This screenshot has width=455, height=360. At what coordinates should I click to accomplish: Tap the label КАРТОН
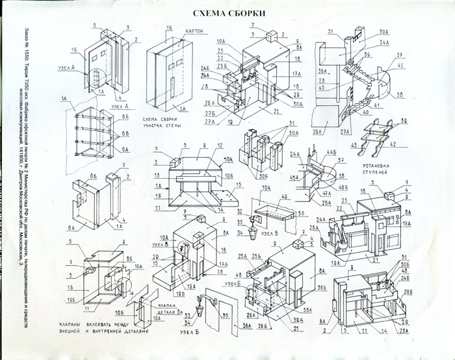coord(196,31)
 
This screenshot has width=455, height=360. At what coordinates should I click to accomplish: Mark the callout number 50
coord(300,214)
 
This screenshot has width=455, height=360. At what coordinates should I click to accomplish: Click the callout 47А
coord(321,192)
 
